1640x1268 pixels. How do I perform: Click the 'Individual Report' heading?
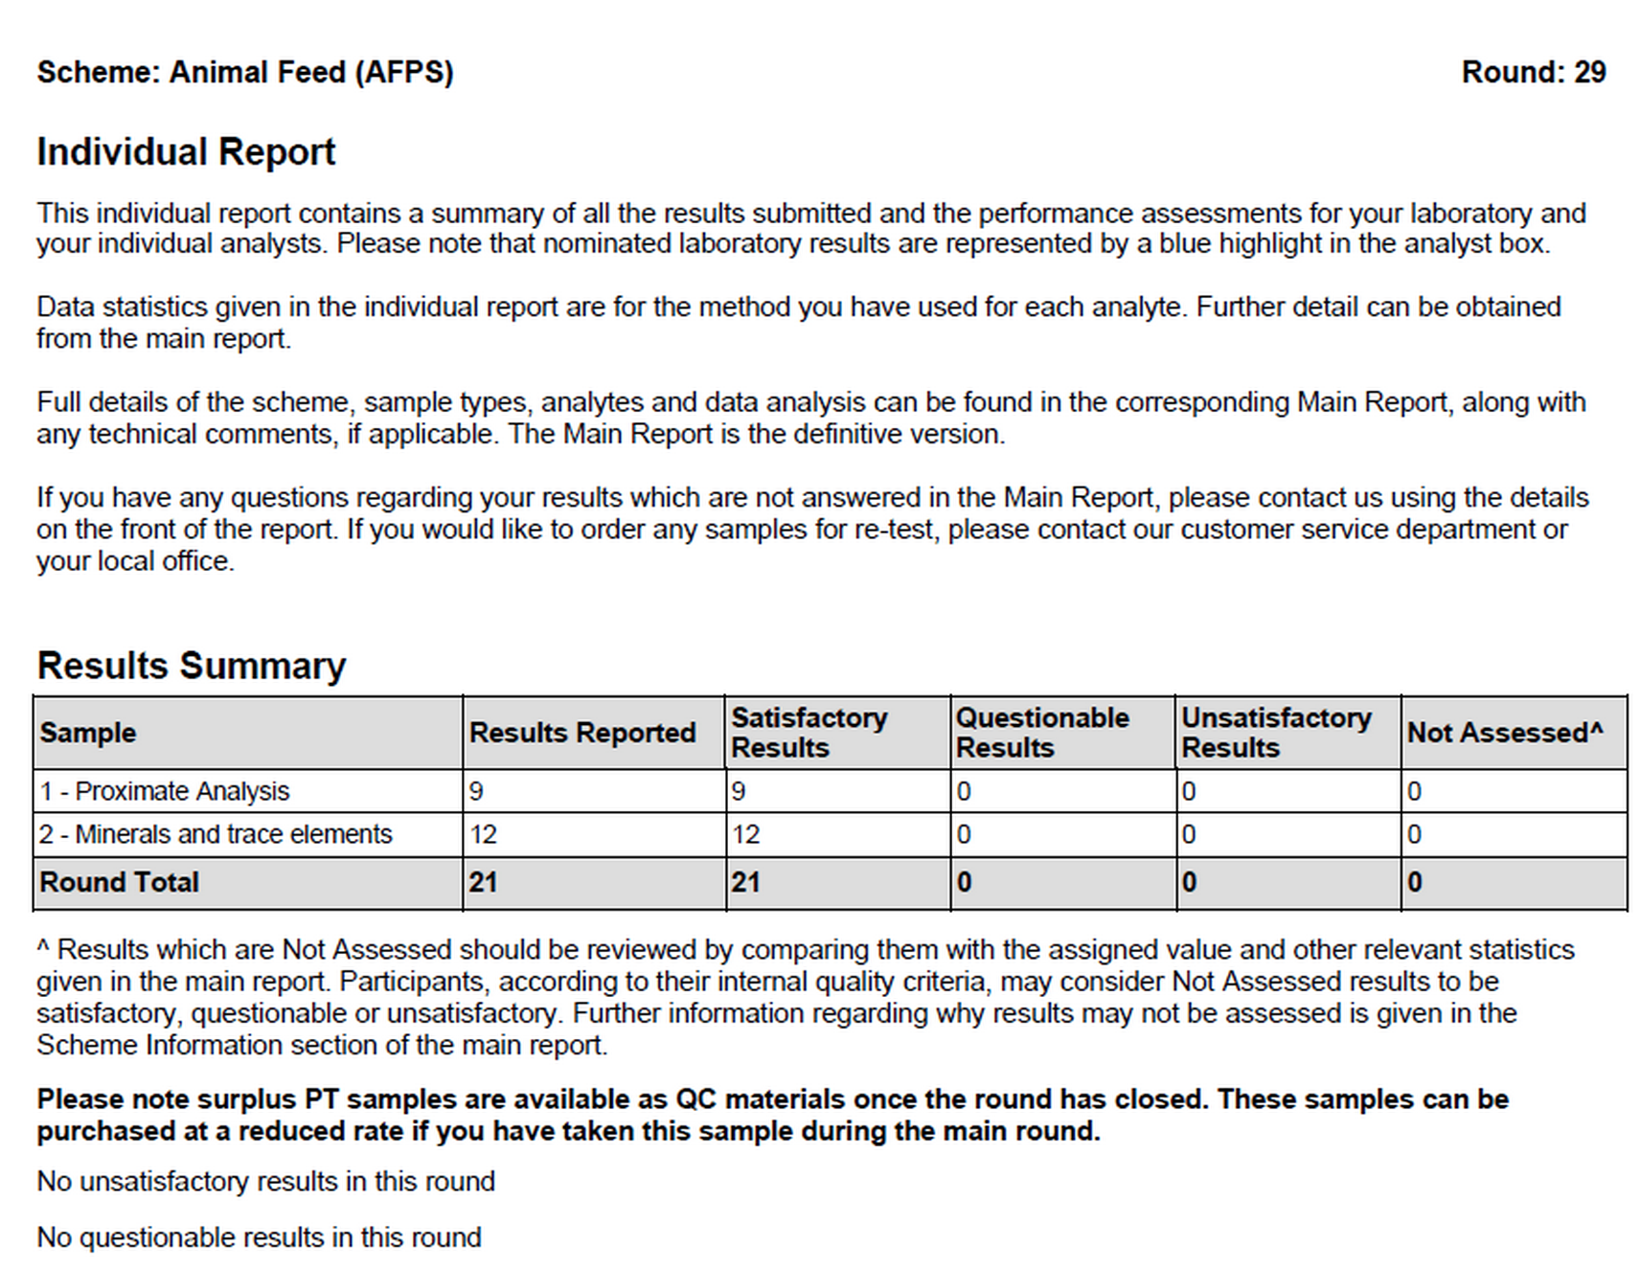[x=186, y=152]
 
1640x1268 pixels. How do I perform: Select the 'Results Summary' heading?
[x=191, y=666]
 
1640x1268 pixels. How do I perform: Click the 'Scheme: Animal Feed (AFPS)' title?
[x=245, y=72]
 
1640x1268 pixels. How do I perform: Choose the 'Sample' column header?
[x=88, y=733]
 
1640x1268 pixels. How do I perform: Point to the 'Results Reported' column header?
[x=582, y=733]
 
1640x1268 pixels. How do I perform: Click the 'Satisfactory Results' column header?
[x=809, y=733]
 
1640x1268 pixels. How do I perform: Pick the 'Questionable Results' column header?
[x=1042, y=733]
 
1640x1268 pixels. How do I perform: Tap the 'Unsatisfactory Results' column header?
[x=1276, y=733]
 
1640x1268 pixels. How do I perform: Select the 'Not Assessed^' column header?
[x=1504, y=733]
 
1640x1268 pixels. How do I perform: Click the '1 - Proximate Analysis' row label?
[x=164, y=791]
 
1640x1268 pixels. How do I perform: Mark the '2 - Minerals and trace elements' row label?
[x=216, y=834]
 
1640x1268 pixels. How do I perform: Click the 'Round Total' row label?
[x=119, y=882]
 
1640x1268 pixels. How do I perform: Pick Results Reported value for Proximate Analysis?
[x=477, y=791]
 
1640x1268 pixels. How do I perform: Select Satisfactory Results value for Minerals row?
[x=745, y=834]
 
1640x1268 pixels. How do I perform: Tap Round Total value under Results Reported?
[x=483, y=882]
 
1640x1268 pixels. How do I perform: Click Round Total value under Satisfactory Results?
[x=745, y=882]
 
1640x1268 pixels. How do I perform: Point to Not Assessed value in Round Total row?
[x=1415, y=882]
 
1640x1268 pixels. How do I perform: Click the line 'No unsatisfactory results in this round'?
[x=265, y=1182]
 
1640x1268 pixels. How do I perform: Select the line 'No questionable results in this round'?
[x=259, y=1237]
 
